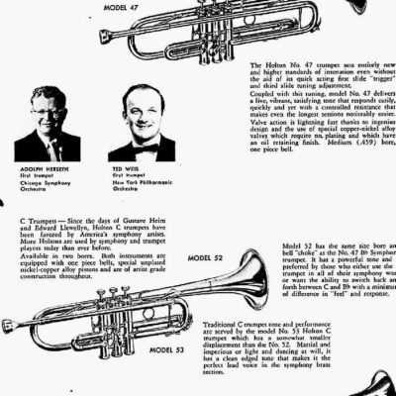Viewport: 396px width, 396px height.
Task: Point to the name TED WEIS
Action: click(124, 167)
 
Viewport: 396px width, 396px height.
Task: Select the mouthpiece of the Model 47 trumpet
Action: click(105, 37)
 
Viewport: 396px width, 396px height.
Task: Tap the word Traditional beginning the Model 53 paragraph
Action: click(224, 327)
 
